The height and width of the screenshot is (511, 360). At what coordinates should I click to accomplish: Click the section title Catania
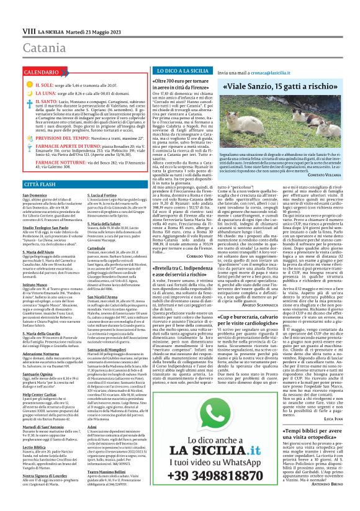click(29, 30)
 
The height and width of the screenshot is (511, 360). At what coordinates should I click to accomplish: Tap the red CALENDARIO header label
click(27, 72)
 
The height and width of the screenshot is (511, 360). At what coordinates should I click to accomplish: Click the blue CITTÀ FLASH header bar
click(74, 184)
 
